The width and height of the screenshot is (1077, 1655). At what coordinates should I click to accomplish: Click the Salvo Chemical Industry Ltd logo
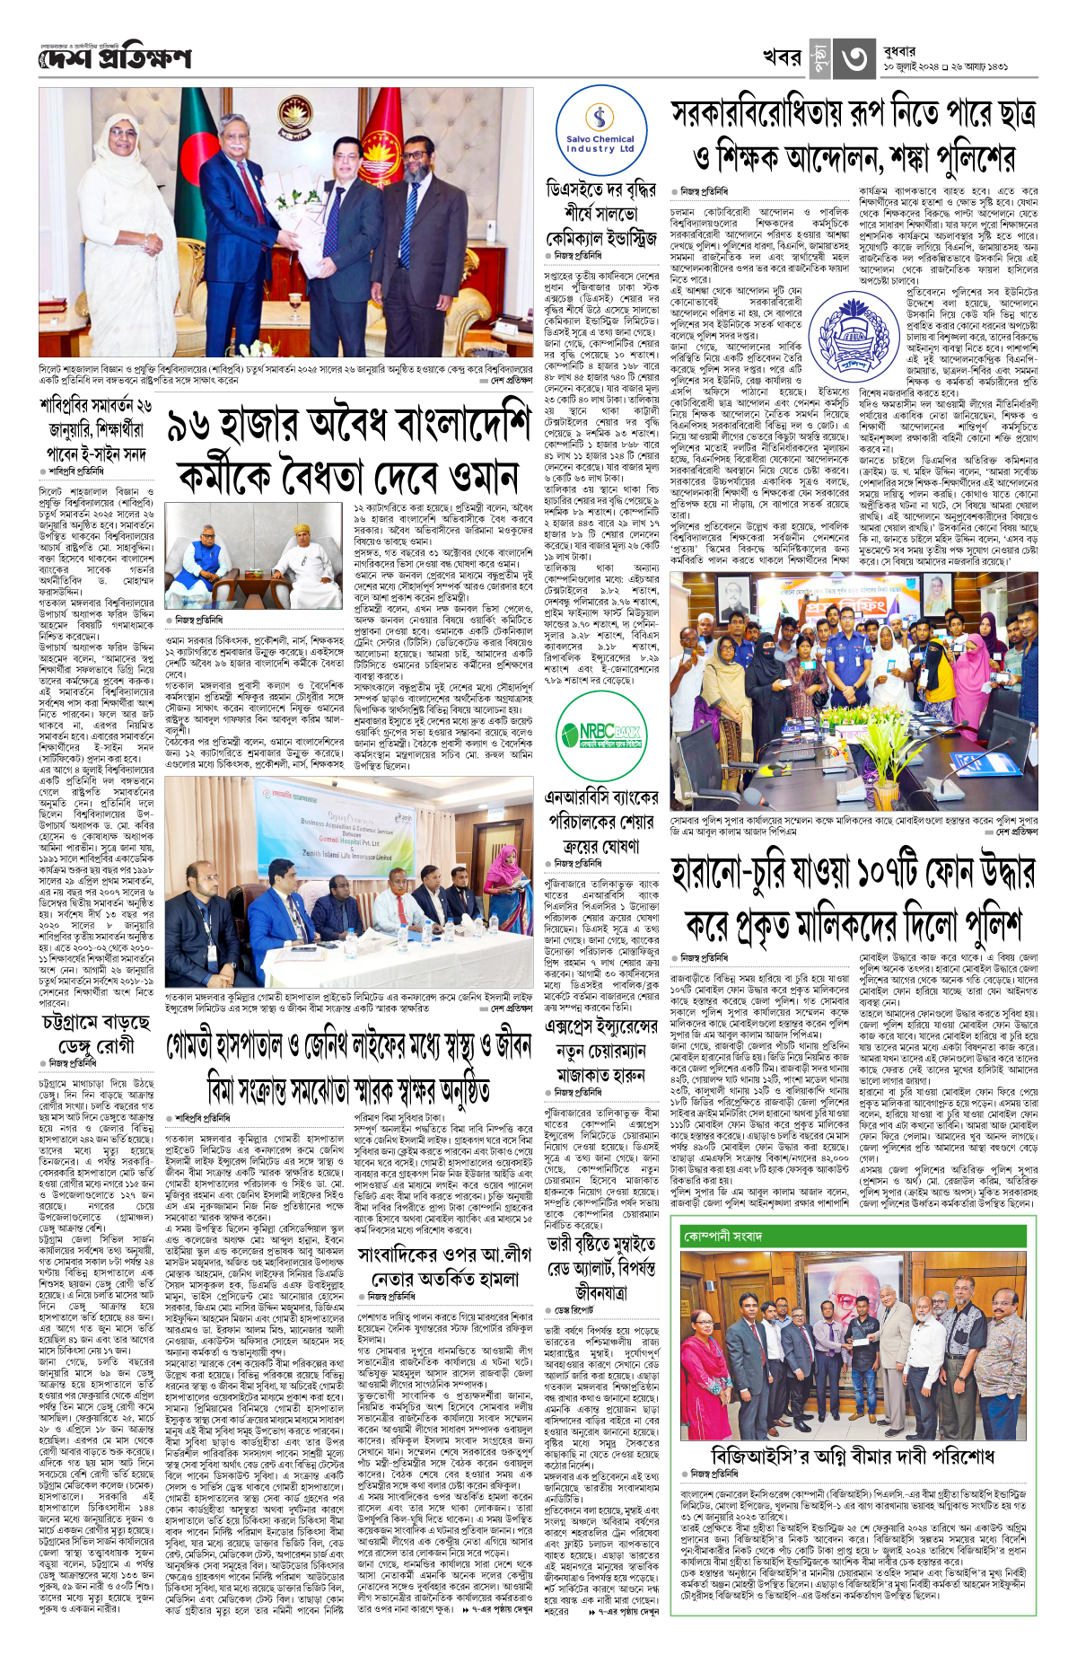coord(600,131)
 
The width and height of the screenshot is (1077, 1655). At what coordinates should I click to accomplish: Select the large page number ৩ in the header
coord(852,59)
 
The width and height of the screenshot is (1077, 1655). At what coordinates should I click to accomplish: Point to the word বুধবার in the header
coord(900,51)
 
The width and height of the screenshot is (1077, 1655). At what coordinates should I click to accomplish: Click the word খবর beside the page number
coord(781,58)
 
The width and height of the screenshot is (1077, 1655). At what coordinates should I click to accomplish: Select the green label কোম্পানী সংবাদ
coord(723,1237)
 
